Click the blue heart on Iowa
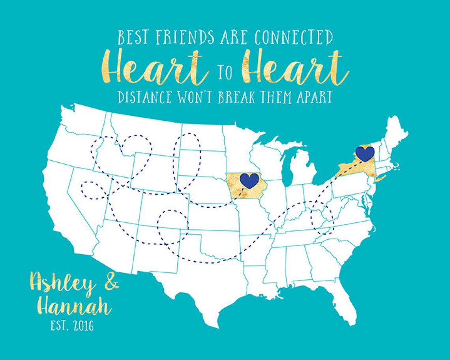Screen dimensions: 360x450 pyautogui.click(x=249, y=180)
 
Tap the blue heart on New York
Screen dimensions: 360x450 pyautogui.click(x=365, y=154)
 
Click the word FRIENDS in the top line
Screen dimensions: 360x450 pyautogui.click(x=184, y=38)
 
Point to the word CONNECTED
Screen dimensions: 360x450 pyautogui.click(x=293, y=38)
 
